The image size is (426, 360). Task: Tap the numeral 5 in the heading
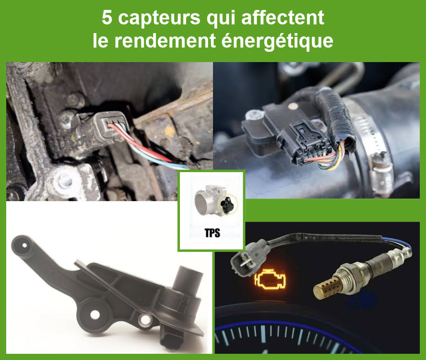pos(107,19)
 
